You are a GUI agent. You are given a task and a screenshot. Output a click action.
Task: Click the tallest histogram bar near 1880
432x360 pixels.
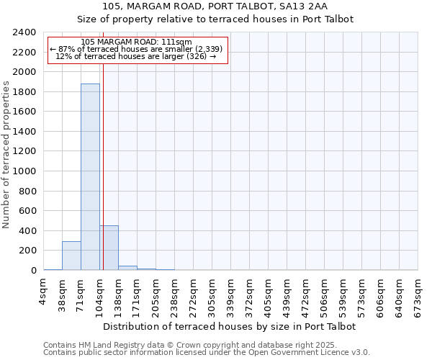90,177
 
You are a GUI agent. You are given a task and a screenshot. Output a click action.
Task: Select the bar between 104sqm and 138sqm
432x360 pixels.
109,248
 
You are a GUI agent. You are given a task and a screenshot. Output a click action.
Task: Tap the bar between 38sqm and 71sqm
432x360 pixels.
71,256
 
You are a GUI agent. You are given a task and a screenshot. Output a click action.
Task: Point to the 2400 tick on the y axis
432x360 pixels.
24,32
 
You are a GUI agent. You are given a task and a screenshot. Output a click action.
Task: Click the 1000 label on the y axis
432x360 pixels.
24,171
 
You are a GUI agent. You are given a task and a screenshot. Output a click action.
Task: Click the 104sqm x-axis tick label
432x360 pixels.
100,293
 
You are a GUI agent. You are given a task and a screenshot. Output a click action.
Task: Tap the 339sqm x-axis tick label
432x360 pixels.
231,293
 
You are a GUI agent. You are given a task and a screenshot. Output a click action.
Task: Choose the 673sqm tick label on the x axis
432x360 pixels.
418,293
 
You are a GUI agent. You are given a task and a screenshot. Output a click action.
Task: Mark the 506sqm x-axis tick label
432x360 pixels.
325,293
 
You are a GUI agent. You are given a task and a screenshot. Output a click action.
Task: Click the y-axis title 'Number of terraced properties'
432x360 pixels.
6,154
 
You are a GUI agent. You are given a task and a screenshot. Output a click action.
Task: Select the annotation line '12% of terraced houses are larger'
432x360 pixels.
137,56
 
